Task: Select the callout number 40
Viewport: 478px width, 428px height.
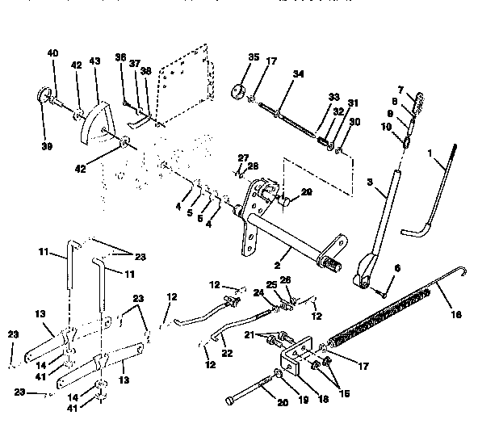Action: click(x=53, y=54)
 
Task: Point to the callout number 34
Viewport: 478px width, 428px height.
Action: click(x=298, y=73)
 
